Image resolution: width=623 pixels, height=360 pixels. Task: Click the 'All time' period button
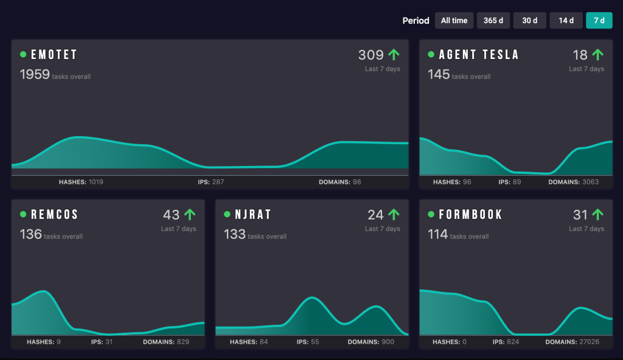tap(454, 21)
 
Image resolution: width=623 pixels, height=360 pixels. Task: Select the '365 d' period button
tap(493, 21)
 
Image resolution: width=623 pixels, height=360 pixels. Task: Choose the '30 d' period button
tap(529, 21)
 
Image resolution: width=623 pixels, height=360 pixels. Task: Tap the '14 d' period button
tap(566, 21)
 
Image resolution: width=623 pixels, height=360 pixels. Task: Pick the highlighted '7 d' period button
tap(599, 21)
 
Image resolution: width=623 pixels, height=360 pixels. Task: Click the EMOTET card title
tap(54, 55)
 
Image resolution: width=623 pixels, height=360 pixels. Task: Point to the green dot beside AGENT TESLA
tap(431, 55)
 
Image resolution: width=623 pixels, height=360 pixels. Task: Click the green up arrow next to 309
tap(394, 55)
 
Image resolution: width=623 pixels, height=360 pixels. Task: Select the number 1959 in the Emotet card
tap(35, 75)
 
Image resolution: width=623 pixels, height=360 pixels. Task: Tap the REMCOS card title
tap(55, 215)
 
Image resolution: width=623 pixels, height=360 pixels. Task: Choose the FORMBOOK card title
tap(471, 215)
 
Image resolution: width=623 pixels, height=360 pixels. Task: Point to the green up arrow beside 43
tap(190, 215)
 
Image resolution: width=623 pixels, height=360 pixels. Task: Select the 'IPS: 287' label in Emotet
tap(211, 182)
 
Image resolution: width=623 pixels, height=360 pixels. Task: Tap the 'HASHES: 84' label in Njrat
tap(249, 342)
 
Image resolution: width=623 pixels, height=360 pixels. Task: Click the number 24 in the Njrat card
tap(375, 215)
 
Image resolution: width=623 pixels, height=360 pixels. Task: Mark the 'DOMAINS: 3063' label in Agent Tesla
tap(573, 182)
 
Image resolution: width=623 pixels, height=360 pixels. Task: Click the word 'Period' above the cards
tap(416, 21)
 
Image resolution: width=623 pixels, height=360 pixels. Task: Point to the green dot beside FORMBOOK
tap(431, 215)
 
